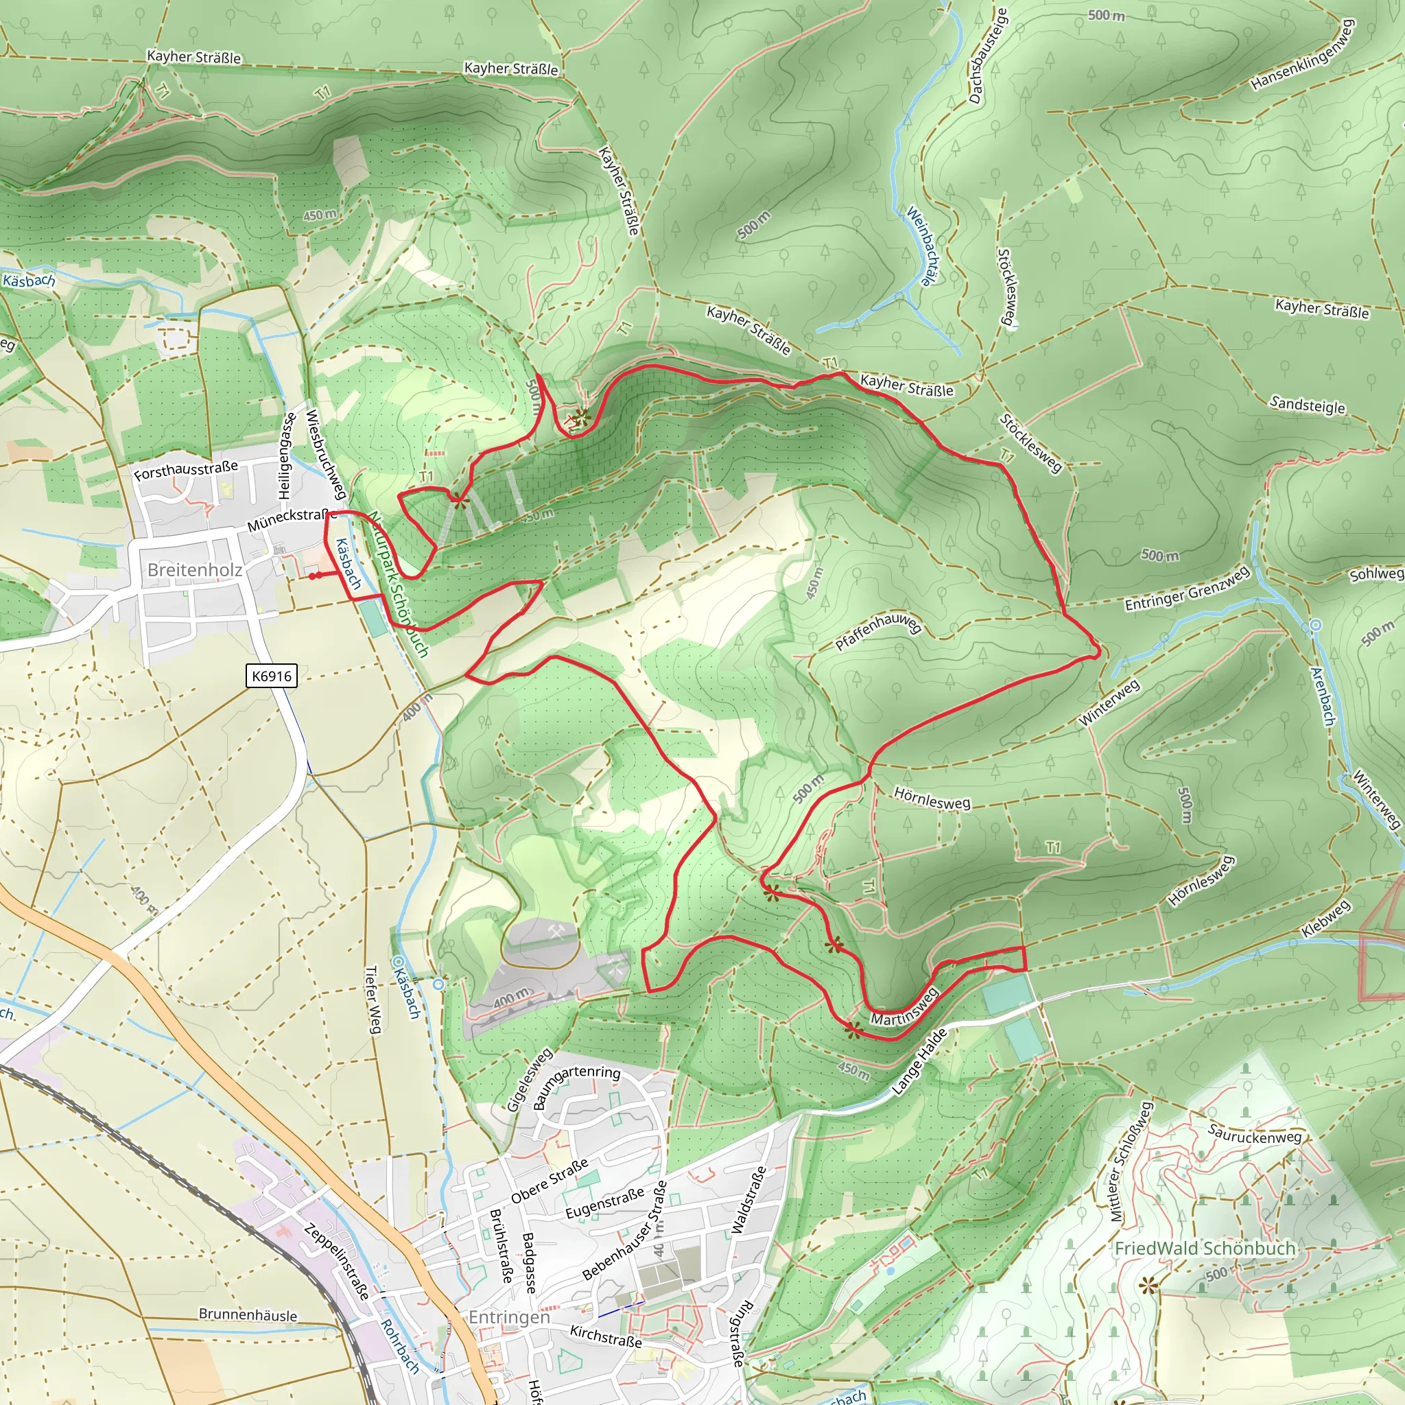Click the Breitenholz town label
[x=194, y=569]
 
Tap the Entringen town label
[x=509, y=1317]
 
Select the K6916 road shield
[x=271, y=676]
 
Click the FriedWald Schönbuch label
[x=1204, y=1249]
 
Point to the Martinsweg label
[x=905, y=1008]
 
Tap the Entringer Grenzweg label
[x=1186, y=589]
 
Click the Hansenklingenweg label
[x=1303, y=56]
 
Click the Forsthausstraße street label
[x=186, y=471]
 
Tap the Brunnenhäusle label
[x=248, y=1315]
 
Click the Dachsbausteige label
[x=988, y=56]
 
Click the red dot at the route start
[x=313, y=576]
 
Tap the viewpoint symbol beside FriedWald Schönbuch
[x=1148, y=1287]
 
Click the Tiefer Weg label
[x=373, y=999]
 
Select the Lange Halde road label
[x=919, y=1062]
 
